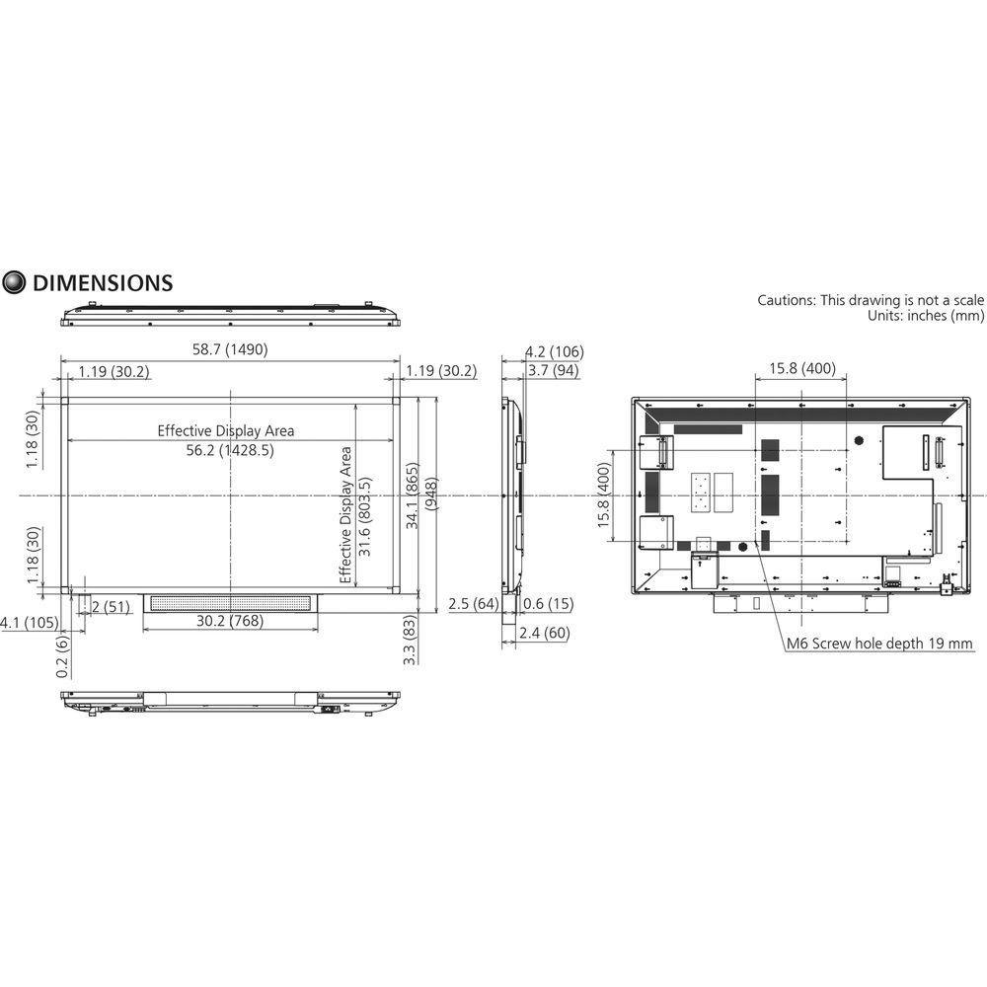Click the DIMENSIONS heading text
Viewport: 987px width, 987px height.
click(x=103, y=283)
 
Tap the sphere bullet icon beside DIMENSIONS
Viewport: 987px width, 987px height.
click(x=15, y=283)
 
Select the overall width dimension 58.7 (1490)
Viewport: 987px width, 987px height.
click(x=230, y=349)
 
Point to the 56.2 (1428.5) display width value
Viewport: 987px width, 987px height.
click(x=226, y=449)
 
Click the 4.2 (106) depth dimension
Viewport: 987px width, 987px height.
click(x=554, y=351)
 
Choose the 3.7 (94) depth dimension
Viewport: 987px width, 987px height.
click(x=554, y=371)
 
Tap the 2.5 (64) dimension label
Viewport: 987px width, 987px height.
click(x=473, y=603)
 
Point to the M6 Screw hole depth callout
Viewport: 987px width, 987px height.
click(x=878, y=645)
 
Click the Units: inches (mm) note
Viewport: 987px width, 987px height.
click(x=925, y=316)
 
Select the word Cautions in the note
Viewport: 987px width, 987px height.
click(x=786, y=300)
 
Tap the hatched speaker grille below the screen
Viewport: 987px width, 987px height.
click(x=229, y=602)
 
